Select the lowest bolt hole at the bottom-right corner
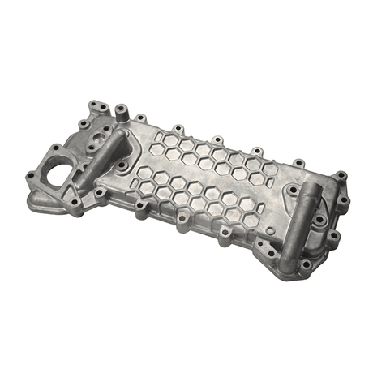[305, 264]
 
